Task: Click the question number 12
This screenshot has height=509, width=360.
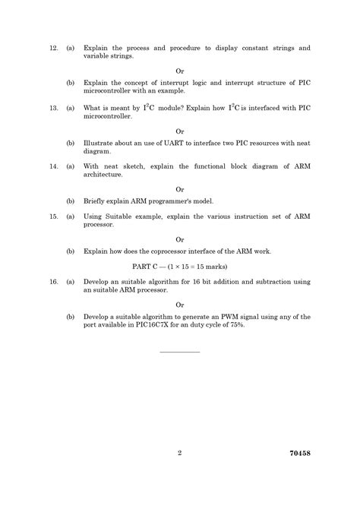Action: pos(53,48)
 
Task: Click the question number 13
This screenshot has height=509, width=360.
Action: pos(53,109)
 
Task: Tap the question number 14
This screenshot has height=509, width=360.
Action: pos(53,165)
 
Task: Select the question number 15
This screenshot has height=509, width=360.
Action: pos(53,217)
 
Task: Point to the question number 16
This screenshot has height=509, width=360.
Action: pos(53,282)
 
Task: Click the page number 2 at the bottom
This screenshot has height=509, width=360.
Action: pos(180,454)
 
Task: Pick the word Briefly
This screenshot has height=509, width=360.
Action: pos(98,201)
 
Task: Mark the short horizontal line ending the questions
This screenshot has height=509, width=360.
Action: pos(180,352)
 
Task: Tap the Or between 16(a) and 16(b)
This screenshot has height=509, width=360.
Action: pos(180,305)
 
